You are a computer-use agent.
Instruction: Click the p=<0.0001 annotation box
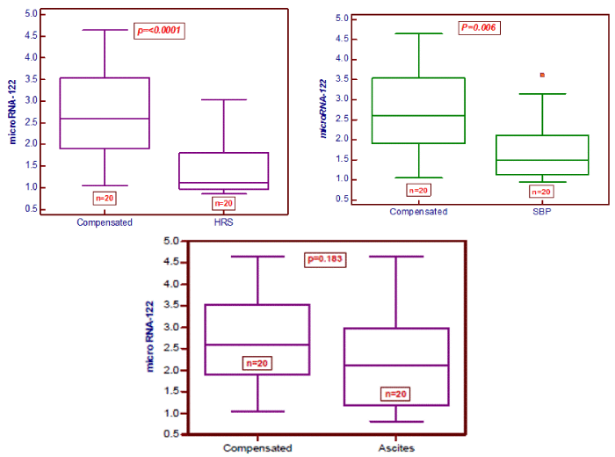tap(159, 31)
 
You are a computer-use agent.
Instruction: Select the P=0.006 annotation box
tap(480, 27)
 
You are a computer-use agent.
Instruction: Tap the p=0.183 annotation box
tap(325, 259)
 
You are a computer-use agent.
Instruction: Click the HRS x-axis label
tap(223, 222)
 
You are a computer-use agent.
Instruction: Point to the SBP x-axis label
tap(542, 212)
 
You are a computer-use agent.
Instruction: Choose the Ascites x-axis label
tap(396, 448)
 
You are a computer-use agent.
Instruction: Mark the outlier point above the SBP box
tap(542, 75)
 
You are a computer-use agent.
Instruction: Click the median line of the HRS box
tap(223, 183)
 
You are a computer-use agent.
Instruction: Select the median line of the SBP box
tap(542, 160)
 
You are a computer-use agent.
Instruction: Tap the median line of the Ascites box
tap(396, 366)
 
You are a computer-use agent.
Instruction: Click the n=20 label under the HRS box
tap(223, 204)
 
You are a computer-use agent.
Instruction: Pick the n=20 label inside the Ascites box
tap(395, 394)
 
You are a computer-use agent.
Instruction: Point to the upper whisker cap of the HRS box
tap(223, 99)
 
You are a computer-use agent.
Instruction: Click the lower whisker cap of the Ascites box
tap(396, 422)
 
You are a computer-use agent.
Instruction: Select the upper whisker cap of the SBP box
tap(542, 94)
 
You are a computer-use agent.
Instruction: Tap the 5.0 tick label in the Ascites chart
tap(171, 241)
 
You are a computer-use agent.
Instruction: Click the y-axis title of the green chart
tap(323, 109)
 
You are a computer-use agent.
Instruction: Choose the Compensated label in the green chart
tap(418, 212)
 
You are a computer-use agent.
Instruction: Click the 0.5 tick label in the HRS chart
tap(32, 208)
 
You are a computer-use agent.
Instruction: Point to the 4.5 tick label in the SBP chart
tap(342, 39)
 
